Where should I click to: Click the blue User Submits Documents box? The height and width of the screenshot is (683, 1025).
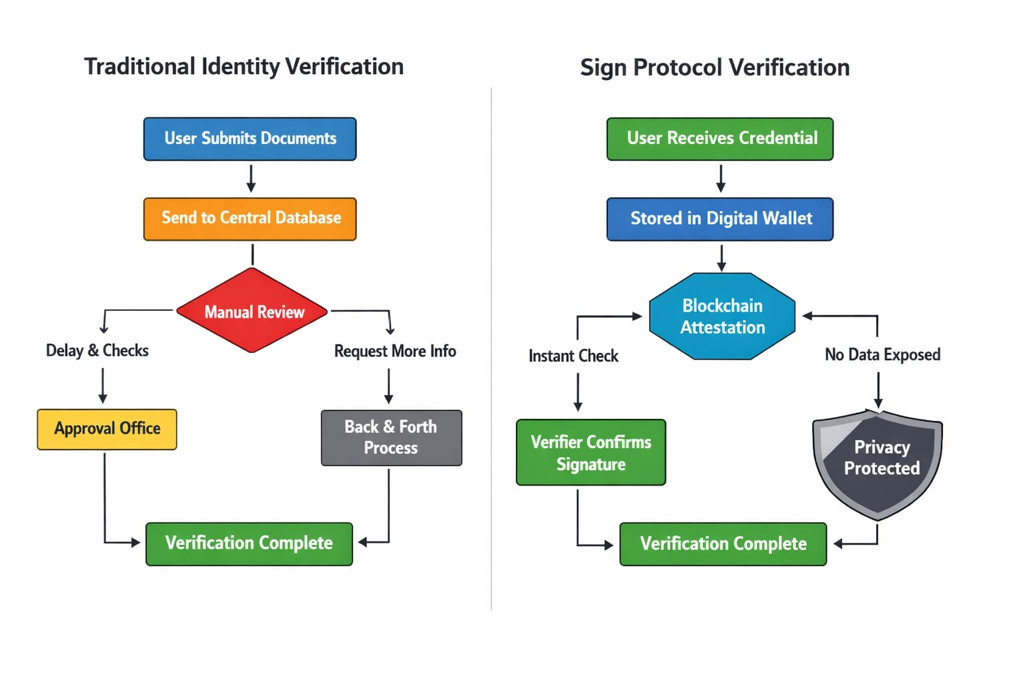[x=250, y=139]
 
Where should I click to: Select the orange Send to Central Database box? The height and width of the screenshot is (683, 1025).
[x=250, y=218]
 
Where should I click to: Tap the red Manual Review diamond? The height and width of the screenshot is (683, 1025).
[x=252, y=311]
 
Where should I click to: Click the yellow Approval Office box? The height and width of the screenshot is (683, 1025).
[x=107, y=429]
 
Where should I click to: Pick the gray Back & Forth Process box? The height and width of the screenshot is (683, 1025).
[x=391, y=438]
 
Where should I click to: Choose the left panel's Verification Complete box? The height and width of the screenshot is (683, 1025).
[x=249, y=544]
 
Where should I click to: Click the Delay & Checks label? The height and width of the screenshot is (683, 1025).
[x=97, y=351]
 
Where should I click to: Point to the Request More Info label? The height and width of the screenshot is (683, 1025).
[x=395, y=352]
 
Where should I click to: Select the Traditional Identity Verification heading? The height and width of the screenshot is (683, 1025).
[x=244, y=67]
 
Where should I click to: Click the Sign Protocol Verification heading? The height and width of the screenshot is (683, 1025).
[x=715, y=68]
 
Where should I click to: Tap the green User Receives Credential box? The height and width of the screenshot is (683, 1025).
[x=720, y=139]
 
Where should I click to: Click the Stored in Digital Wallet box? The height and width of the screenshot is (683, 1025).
[x=720, y=219]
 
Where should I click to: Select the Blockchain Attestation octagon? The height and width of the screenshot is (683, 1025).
[x=722, y=316]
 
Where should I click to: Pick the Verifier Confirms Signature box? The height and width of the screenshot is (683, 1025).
[x=591, y=452]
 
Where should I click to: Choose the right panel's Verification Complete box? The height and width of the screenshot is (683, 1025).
[x=723, y=544]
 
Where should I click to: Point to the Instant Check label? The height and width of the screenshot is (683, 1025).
[x=573, y=356]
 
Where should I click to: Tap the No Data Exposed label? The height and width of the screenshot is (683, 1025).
[x=882, y=355]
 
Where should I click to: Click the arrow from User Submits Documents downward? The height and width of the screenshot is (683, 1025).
[x=251, y=178]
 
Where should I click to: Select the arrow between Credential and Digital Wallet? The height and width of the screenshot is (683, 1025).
[x=721, y=178]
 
